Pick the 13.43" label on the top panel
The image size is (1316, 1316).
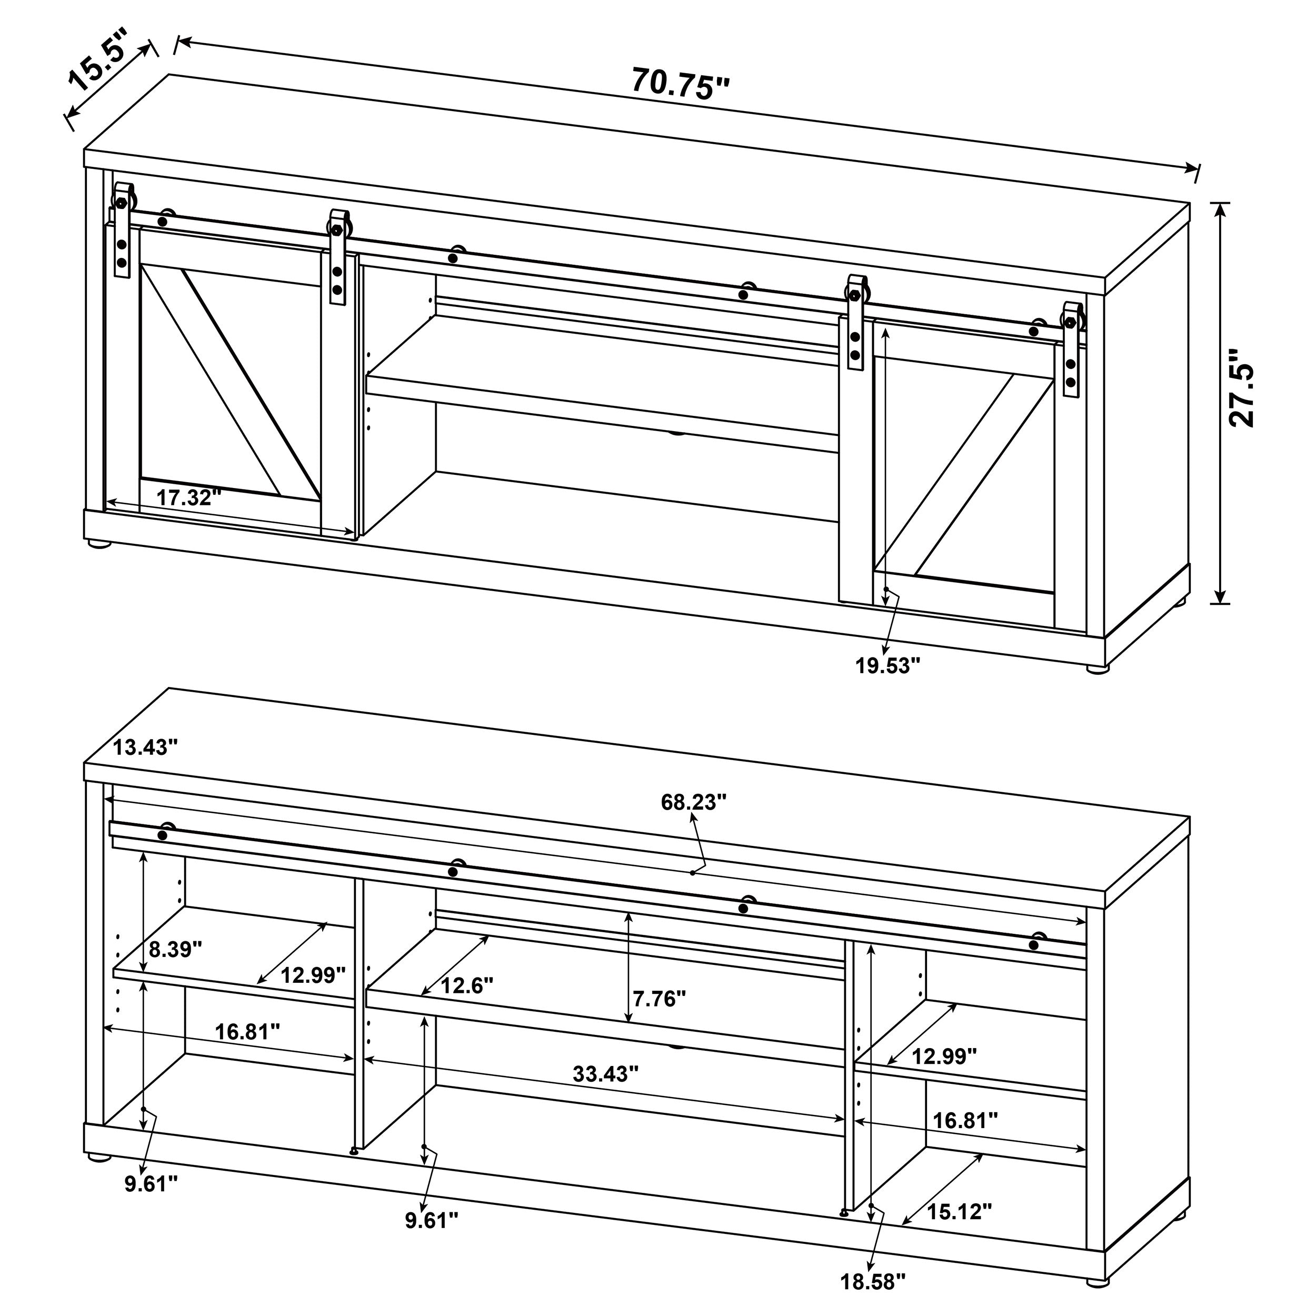click(145, 747)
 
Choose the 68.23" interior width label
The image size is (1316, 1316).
click(693, 802)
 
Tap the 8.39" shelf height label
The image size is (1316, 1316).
click(176, 949)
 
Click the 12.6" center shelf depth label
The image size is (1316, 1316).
click(466, 984)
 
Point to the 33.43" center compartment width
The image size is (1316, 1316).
click(605, 1074)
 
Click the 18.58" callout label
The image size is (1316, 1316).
click(873, 1282)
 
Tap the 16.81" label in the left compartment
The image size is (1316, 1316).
click(247, 1031)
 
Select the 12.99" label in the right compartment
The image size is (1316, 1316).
click(944, 1056)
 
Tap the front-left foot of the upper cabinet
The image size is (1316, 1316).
click(102, 545)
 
